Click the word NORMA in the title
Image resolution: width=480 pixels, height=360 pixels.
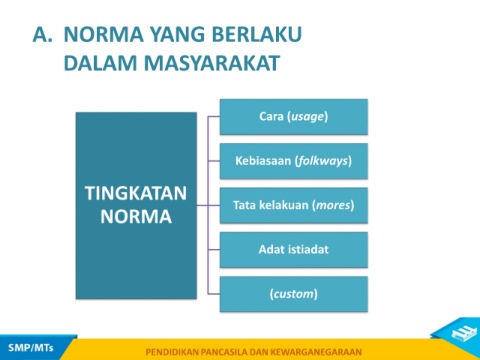click(x=104, y=34)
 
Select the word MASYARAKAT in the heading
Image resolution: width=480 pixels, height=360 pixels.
click(x=212, y=63)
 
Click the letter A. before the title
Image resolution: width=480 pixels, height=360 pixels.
click(x=42, y=34)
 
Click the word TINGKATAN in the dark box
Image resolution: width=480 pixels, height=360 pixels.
click(x=136, y=193)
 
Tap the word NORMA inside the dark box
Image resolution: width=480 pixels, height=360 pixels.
click(x=136, y=217)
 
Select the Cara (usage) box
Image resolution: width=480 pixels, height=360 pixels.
click(x=294, y=117)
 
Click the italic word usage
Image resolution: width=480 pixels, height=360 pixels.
click(x=308, y=117)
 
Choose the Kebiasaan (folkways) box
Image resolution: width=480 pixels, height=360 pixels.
click(x=294, y=161)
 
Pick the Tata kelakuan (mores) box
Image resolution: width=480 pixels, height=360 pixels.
click(x=294, y=205)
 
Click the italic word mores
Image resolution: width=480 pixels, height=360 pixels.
click(x=333, y=205)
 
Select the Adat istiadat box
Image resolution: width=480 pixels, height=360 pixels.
click(x=294, y=250)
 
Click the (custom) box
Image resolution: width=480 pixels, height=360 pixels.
click(x=294, y=294)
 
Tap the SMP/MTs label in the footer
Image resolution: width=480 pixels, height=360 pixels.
click(x=31, y=348)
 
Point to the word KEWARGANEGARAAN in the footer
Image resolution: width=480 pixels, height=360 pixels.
click(x=316, y=352)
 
